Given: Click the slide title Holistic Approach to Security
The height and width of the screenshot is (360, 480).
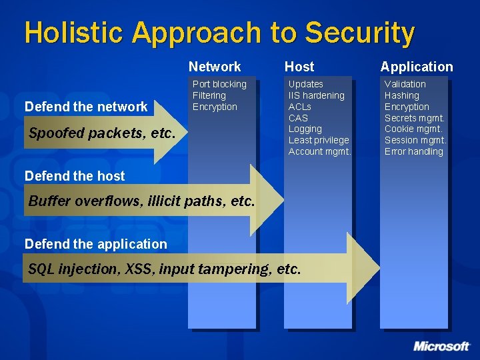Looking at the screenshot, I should [x=219, y=33].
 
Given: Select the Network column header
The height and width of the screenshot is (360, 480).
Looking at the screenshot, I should [x=215, y=67].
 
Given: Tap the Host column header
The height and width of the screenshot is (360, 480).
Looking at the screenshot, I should [x=299, y=67].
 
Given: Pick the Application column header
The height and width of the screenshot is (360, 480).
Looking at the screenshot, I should [x=417, y=67].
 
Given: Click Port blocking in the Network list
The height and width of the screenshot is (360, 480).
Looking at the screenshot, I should [x=219, y=84].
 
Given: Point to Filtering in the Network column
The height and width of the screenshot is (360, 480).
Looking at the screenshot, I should [x=209, y=95].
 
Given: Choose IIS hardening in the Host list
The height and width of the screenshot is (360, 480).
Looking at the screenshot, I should [x=317, y=95].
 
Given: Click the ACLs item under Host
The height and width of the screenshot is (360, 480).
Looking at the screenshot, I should [x=300, y=107].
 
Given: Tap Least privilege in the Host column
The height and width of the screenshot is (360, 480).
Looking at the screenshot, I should [x=319, y=140].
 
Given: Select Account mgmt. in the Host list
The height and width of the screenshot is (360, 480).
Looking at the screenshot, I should [x=319, y=151].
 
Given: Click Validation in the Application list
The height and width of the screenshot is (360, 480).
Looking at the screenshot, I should [x=405, y=84].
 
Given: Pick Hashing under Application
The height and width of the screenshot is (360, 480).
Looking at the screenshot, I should [x=402, y=95].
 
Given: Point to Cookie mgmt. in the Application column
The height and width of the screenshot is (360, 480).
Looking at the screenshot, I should [x=413, y=129].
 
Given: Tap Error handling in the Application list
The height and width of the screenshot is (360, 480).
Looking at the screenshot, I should [x=414, y=151].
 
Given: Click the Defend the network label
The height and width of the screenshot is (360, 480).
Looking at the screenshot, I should [x=86, y=107].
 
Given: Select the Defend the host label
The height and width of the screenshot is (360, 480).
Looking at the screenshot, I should [x=75, y=176].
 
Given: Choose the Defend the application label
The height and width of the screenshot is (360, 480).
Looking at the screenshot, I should [x=96, y=244].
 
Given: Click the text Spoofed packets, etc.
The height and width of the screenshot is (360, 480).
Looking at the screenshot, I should [x=102, y=133].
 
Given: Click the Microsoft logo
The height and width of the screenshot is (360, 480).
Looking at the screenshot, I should [x=441, y=346].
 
